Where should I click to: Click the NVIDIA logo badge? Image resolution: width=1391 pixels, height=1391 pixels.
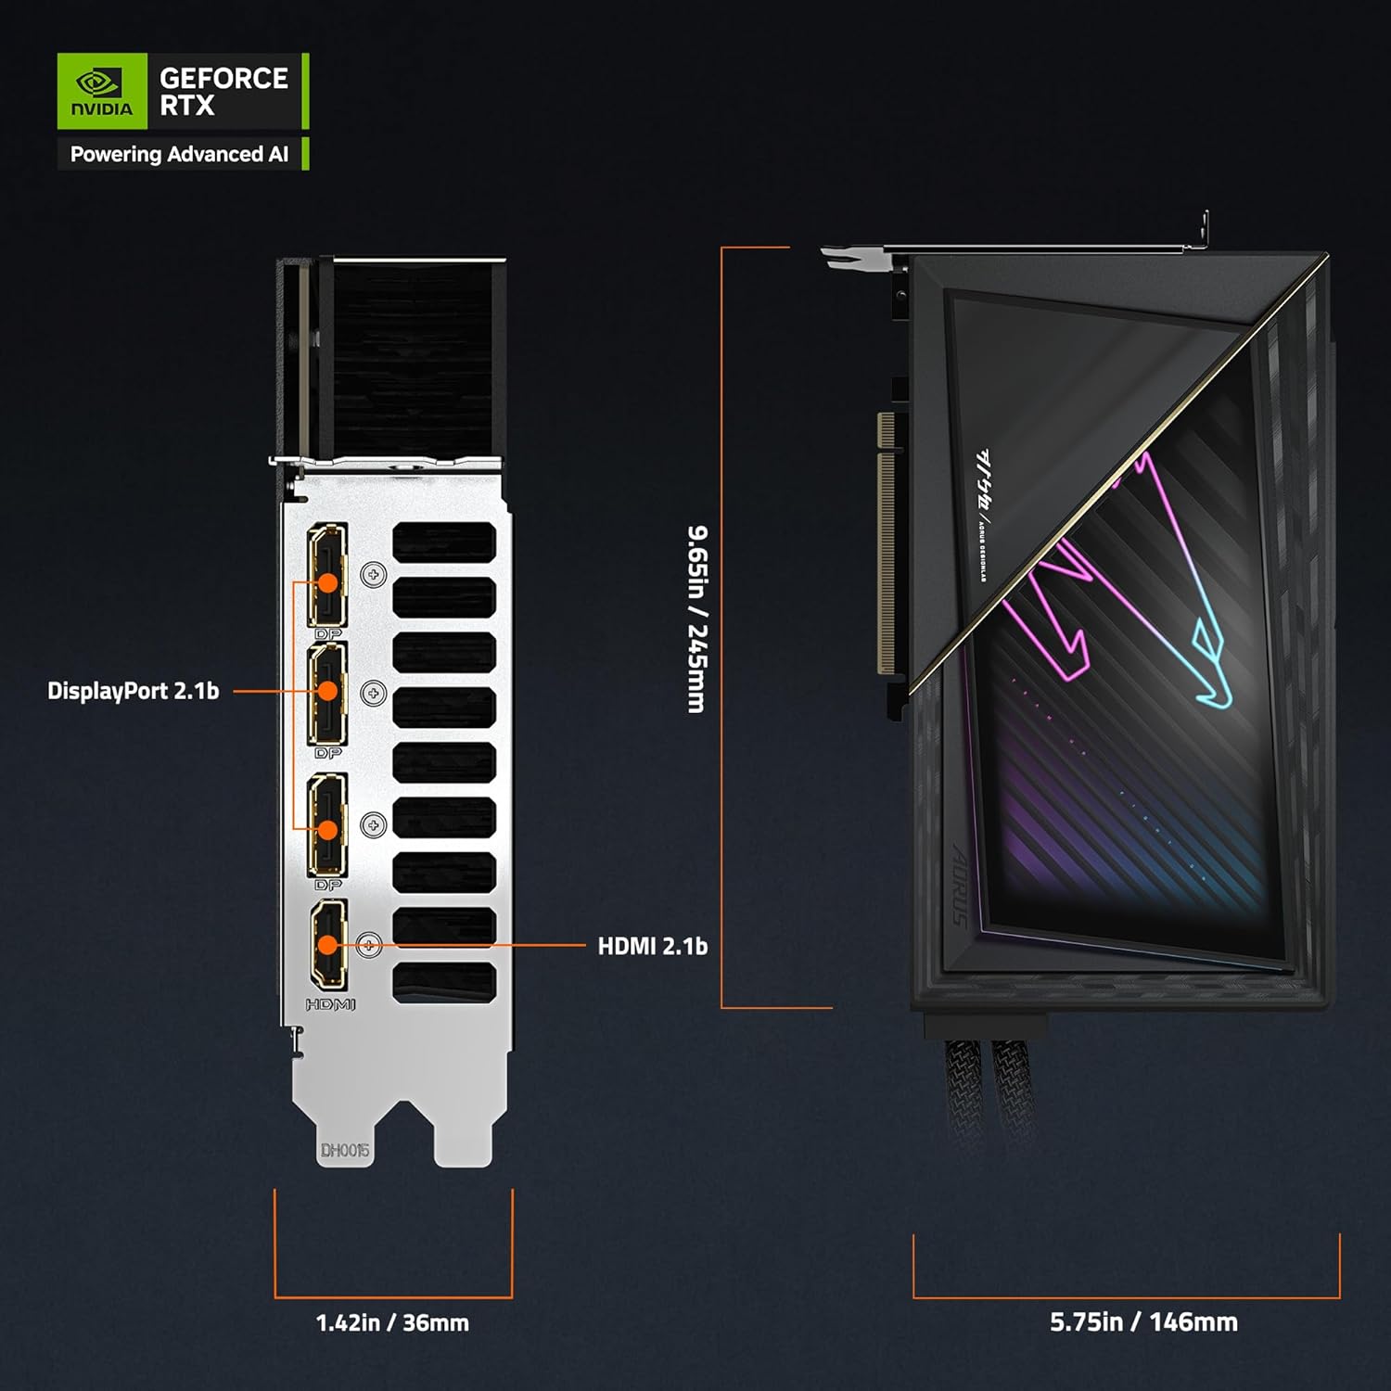(102, 91)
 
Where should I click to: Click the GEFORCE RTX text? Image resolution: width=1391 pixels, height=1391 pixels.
(223, 91)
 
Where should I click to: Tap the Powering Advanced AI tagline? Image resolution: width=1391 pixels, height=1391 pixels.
(179, 154)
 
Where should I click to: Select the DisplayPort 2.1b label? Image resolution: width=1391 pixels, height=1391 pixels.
(134, 691)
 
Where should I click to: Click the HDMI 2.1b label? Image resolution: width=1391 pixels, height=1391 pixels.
(652, 946)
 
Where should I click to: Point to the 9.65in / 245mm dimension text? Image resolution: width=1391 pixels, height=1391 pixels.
(696, 619)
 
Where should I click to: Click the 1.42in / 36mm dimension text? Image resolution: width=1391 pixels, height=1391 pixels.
(392, 1322)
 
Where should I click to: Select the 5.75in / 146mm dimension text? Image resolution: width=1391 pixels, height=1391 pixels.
(1143, 1321)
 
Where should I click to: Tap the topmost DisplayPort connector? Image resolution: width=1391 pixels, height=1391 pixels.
(327, 575)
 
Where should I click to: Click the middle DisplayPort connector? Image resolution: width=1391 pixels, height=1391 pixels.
(327, 693)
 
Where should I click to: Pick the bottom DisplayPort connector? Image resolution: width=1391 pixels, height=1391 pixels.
(327, 824)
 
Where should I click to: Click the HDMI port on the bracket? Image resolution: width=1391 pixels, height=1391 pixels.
(328, 944)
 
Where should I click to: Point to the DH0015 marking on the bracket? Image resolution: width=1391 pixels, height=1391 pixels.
(345, 1151)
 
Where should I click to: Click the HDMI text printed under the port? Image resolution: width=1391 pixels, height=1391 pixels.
(330, 1004)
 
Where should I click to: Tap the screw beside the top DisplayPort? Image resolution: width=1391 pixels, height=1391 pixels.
(374, 575)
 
